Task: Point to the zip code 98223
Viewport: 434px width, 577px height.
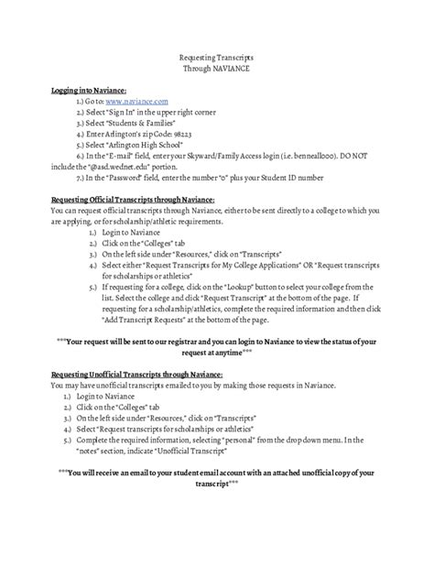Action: pos(177,133)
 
